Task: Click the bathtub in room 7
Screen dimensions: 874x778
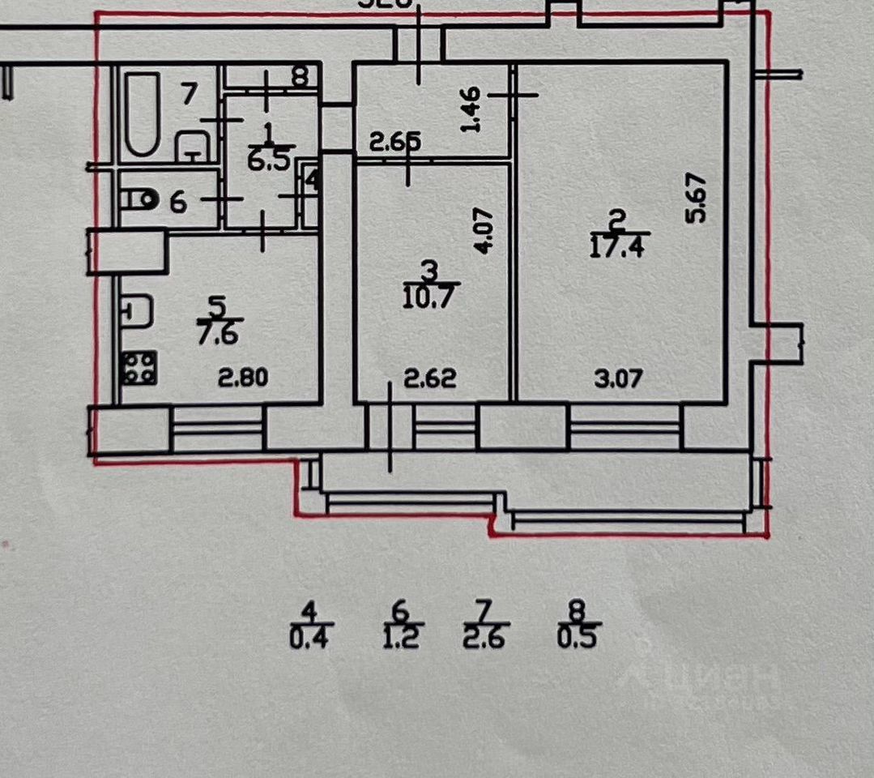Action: tap(142, 114)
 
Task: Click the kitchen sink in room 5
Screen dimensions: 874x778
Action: tap(139, 313)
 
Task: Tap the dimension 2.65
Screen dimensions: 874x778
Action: tap(395, 143)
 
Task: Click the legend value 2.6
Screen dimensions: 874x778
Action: tap(484, 638)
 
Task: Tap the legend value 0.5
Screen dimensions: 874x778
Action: tap(577, 638)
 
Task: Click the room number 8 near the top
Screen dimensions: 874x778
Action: tap(300, 77)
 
